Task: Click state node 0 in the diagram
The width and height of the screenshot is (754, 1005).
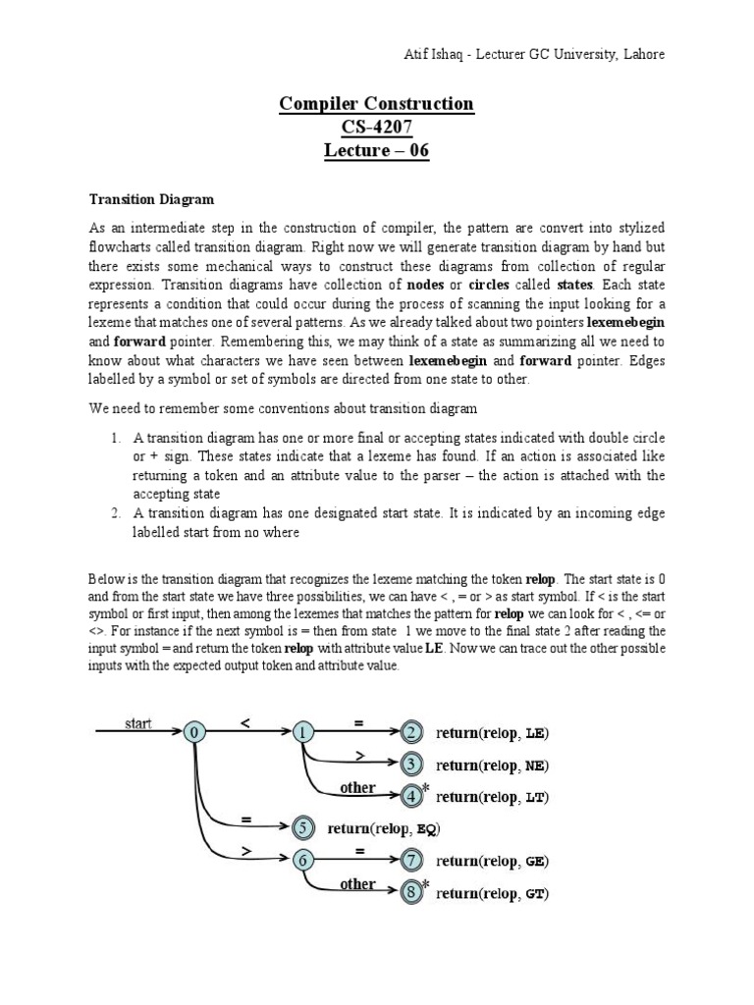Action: pos(195,732)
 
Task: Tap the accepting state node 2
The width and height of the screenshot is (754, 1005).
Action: pos(411,732)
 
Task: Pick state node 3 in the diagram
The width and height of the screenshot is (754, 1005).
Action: pos(411,765)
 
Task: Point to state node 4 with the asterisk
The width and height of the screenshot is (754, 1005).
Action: pos(411,796)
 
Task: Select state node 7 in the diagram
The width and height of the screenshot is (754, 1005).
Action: pos(411,861)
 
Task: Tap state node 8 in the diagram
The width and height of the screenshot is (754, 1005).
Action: pos(411,893)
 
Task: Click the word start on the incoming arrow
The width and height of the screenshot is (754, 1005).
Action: pos(138,723)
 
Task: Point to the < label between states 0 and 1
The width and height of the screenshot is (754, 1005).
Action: pos(245,722)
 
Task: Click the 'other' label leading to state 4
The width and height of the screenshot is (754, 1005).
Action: pos(357,787)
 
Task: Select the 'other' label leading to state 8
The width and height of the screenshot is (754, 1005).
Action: pos(357,883)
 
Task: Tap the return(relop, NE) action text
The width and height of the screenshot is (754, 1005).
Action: pos(492,765)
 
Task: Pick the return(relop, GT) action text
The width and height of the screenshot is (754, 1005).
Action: pos(492,893)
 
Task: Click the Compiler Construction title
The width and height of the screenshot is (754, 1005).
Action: pos(377,103)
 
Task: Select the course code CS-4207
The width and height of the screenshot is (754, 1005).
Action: pos(377,127)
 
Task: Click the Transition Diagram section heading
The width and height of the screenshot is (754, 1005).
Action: pos(151,199)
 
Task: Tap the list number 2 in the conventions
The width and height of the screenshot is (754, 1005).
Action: pos(115,513)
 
